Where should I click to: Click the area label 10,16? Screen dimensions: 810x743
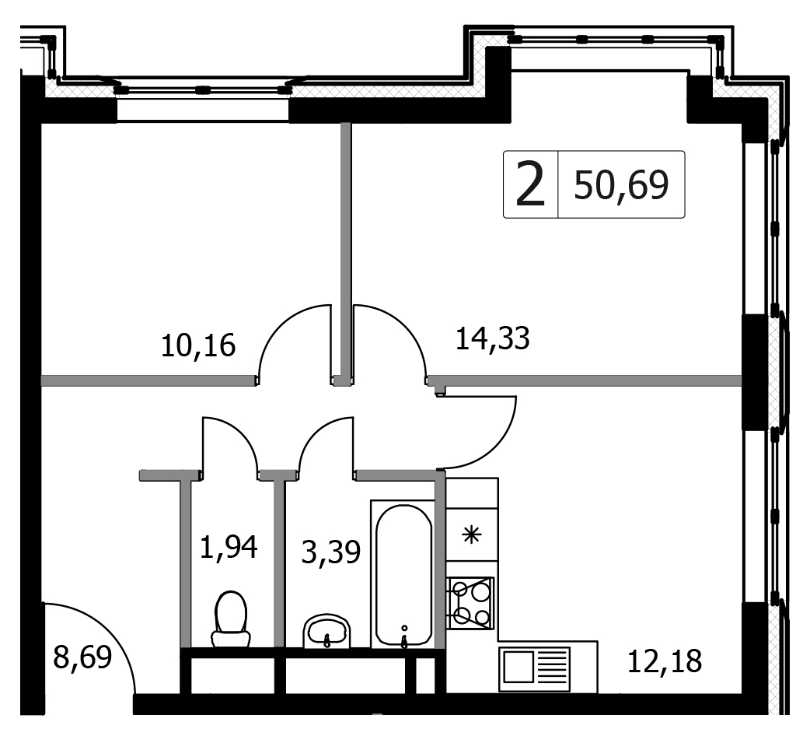click(198, 345)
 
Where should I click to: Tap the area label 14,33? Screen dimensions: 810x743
click(492, 338)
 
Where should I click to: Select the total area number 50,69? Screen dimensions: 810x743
click(621, 185)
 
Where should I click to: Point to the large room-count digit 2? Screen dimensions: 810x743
click(530, 184)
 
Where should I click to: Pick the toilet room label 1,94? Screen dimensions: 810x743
click(229, 547)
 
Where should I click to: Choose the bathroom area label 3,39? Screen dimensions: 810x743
click(330, 552)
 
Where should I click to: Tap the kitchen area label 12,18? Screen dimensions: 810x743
click(665, 661)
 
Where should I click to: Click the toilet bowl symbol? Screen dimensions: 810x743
click(231, 619)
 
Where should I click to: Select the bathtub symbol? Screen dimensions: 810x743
click(404, 575)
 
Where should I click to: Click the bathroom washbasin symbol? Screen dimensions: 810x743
click(327, 631)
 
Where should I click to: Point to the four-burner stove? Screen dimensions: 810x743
click(471, 603)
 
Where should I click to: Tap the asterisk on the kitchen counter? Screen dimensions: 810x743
click(471, 535)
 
